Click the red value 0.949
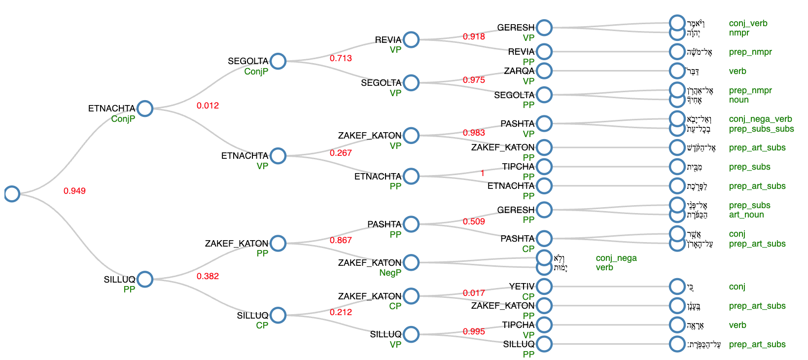74,191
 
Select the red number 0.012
208,106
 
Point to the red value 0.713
341,58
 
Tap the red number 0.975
474,80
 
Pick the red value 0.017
474,293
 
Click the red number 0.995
474,331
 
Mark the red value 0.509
474,221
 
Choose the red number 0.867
341,240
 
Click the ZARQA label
519,71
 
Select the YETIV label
522,287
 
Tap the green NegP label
390,273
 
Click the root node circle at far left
12,194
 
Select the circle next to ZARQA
544,71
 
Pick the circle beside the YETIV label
544,286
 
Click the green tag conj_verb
748,23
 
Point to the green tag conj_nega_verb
760,119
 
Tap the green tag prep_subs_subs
761,129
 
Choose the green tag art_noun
746,215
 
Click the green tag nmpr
739,33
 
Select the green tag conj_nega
616,258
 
